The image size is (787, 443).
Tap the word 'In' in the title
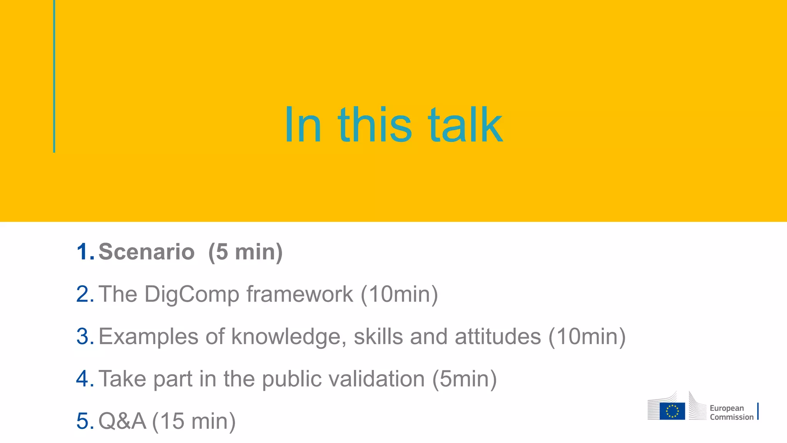pyautogui.click(x=302, y=125)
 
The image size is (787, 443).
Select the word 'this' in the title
pyautogui.click(x=375, y=125)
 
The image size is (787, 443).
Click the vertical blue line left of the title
pyautogui.click(x=54, y=77)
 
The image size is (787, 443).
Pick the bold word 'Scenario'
pyautogui.click(x=146, y=252)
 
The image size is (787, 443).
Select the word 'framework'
pyautogui.click(x=299, y=294)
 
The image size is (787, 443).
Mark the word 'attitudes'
pyautogui.click(x=498, y=336)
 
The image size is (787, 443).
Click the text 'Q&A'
pyautogui.click(x=122, y=421)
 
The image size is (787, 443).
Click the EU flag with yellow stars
pyautogui.click(x=672, y=411)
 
